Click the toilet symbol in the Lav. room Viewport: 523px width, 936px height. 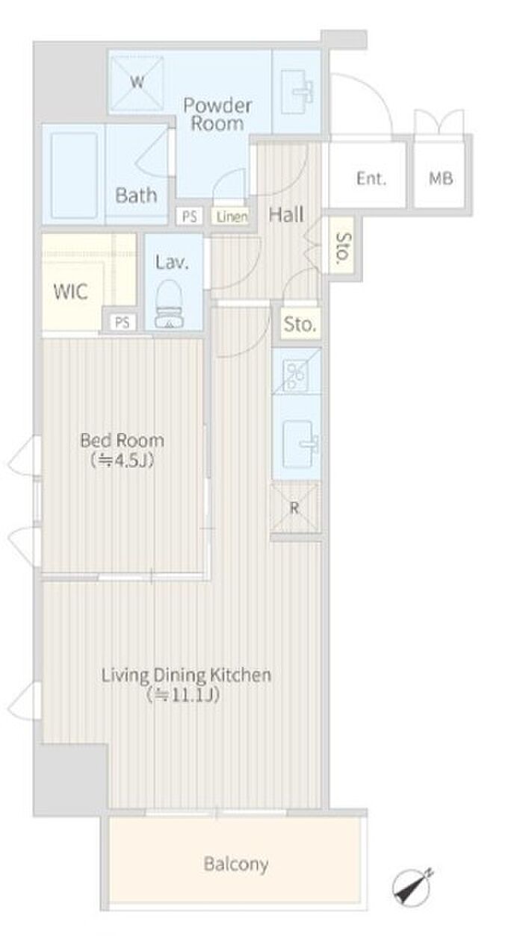pyautogui.click(x=170, y=304)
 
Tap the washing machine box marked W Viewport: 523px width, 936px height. pyautogui.click(x=137, y=83)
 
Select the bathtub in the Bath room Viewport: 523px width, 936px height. pyautogui.click(x=75, y=173)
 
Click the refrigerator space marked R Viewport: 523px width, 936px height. pyautogui.click(x=295, y=508)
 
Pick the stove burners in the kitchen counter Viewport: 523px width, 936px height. pyautogui.click(x=295, y=375)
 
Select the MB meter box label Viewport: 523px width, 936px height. pyautogui.click(x=441, y=178)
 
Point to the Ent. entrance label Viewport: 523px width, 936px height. pyautogui.click(x=371, y=178)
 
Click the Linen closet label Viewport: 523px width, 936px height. pyautogui.click(x=232, y=216)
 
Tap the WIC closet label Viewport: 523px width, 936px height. pyautogui.click(x=71, y=291)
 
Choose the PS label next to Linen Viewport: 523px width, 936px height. pyautogui.click(x=189, y=216)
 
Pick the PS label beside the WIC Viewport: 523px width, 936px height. pyautogui.click(x=123, y=322)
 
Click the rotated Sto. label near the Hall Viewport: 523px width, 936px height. pyautogui.click(x=344, y=249)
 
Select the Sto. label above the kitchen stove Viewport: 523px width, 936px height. pyautogui.click(x=300, y=324)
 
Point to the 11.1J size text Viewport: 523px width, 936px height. pyautogui.click(x=183, y=694)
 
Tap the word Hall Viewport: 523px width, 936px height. pyautogui.click(x=286, y=214)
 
